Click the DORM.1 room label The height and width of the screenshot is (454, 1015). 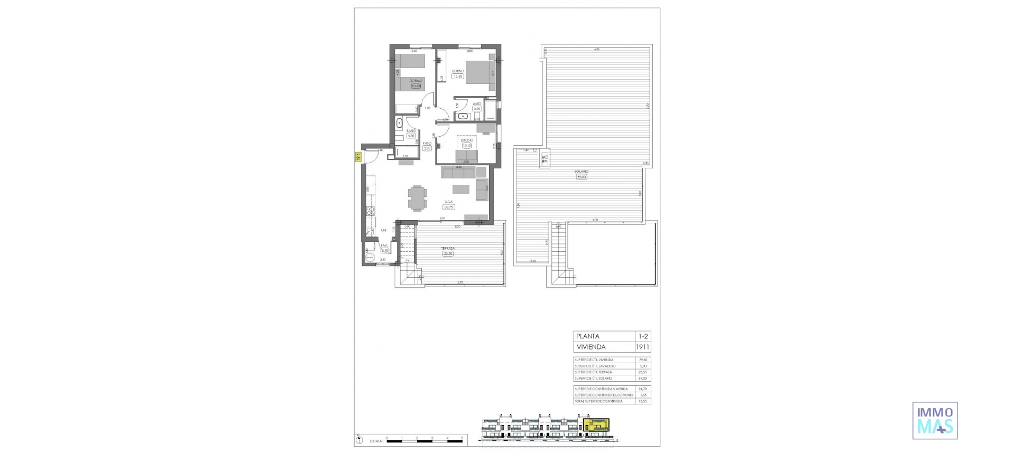[458, 71]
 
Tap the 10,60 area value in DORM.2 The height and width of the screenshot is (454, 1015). [416, 86]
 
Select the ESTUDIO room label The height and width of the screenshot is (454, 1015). [466, 140]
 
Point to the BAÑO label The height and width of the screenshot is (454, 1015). [411, 130]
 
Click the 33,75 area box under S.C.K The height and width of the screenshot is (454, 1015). [449, 207]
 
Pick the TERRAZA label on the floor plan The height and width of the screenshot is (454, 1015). [448, 248]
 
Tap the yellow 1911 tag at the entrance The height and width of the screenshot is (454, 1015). [358, 156]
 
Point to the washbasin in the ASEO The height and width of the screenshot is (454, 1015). [464, 116]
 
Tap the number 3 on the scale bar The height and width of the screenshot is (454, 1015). [432, 438]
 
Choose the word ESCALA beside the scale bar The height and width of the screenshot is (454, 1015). [376, 440]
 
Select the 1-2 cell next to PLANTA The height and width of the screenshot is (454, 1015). [643, 336]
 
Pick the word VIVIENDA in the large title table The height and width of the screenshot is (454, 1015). [591, 347]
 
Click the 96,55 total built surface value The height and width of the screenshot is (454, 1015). [643, 401]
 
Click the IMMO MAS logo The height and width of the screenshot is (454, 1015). [935, 421]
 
